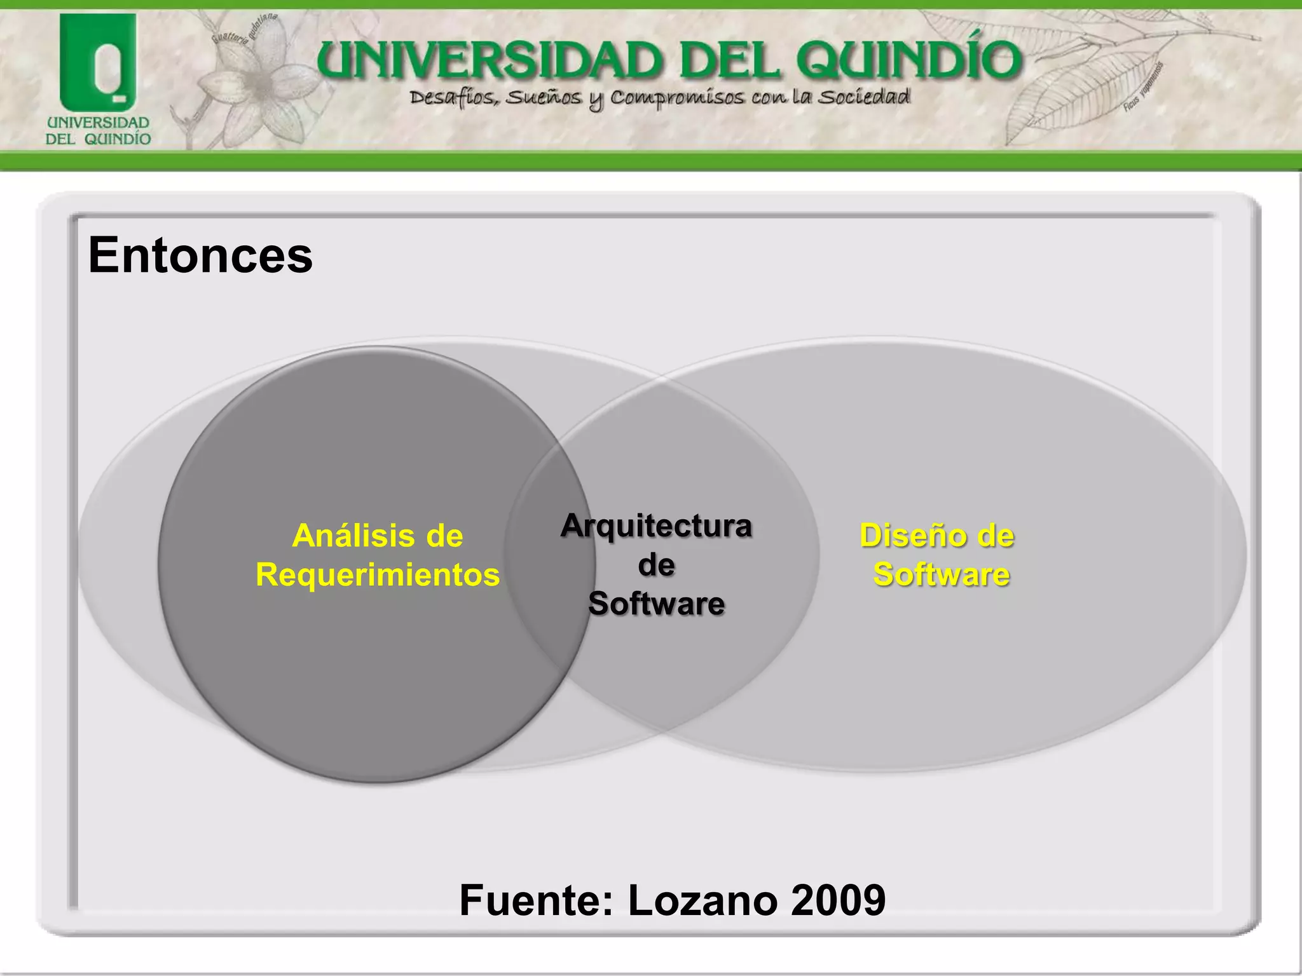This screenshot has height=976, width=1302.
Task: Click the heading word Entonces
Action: coord(200,255)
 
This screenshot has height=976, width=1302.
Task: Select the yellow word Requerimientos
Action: coord(378,574)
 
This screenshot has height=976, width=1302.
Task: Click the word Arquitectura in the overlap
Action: coord(656,526)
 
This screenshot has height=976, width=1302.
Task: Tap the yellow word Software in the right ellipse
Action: coord(941,574)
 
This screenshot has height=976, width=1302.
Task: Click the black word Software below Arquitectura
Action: coord(656,603)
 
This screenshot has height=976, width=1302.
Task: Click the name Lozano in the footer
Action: coord(703,900)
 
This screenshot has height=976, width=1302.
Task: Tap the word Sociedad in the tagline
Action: coord(863,97)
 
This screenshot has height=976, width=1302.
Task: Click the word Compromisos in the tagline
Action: coord(677,98)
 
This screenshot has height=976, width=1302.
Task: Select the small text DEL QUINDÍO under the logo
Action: coord(98,139)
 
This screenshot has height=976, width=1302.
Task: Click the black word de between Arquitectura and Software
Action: coord(656,565)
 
